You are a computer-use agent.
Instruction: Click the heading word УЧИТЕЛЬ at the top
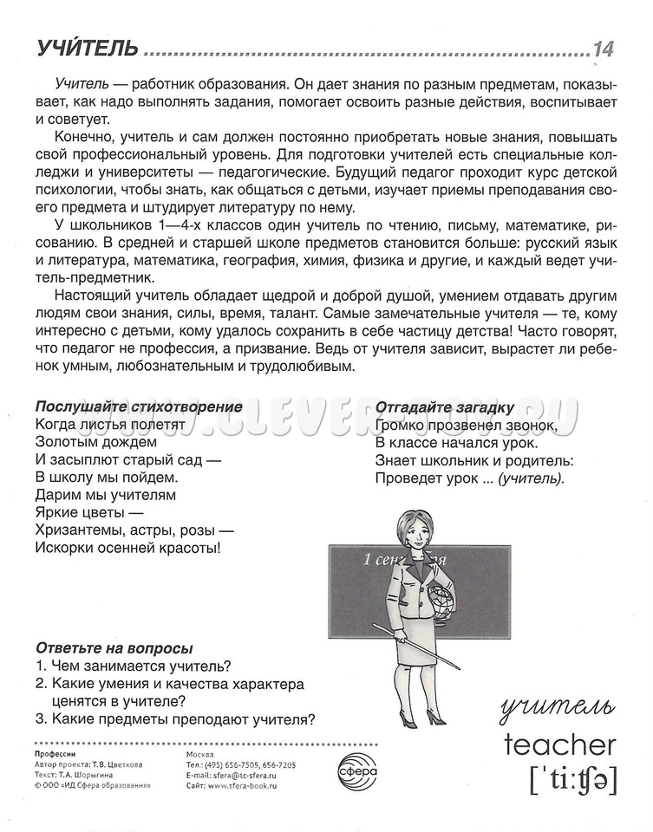(88, 49)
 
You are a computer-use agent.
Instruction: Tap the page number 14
(604, 49)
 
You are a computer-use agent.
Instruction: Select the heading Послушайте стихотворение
(139, 406)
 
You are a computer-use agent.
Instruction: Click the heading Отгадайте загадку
(445, 407)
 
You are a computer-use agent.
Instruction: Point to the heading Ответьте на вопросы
(114, 648)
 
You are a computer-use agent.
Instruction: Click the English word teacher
(560, 743)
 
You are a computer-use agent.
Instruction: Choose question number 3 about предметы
(175, 718)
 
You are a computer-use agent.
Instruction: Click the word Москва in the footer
(202, 754)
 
